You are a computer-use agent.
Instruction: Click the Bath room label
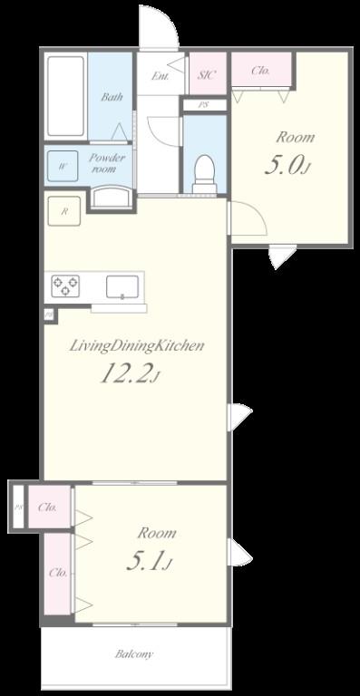112,97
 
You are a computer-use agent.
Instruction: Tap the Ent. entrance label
161,76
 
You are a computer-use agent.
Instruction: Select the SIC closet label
206,75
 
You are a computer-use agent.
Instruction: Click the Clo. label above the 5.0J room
260,70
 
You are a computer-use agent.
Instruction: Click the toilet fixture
204,170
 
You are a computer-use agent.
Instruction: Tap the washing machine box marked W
63,166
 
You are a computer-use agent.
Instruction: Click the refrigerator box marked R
63,210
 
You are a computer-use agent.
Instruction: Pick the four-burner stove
64,285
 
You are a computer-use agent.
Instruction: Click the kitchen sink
122,286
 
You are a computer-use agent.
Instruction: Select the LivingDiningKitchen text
136,345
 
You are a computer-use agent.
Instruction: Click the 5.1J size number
147,563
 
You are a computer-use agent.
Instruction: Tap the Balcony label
133,653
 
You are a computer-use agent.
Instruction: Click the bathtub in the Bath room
65,97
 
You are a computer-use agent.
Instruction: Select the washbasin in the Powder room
111,198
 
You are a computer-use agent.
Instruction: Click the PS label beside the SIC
206,104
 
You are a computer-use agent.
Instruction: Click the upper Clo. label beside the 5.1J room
48,507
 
